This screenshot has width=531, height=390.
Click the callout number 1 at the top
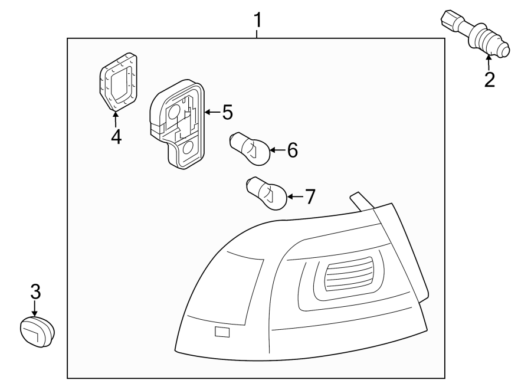257,21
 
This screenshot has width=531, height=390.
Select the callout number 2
489,80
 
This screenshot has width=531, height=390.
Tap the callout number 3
35,291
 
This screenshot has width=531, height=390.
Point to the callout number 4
116,136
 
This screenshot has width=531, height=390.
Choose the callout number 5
227,112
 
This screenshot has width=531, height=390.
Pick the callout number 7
309,196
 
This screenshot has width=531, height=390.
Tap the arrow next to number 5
211,112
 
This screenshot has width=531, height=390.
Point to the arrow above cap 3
35,308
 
